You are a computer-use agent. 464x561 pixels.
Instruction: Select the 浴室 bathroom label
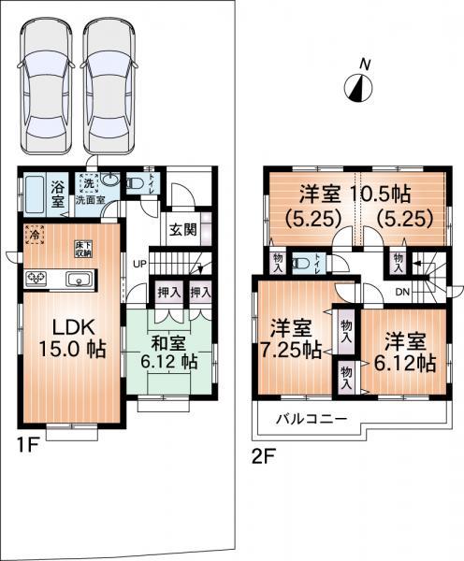pyautogui.click(x=56, y=194)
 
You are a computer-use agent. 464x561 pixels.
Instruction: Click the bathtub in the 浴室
pyautogui.click(x=35, y=193)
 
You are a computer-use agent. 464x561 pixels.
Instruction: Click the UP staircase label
pyautogui.click(x=140, y=263)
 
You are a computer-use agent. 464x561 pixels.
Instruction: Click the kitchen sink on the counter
pyautogui.click(x=78, y=278)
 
